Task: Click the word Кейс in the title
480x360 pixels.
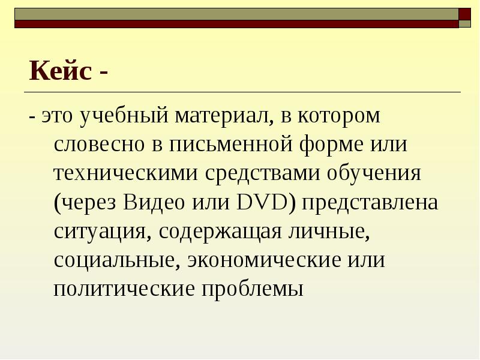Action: coord(60,72)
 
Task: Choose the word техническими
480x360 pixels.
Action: coord(126,174)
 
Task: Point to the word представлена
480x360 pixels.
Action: coord(370,203)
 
